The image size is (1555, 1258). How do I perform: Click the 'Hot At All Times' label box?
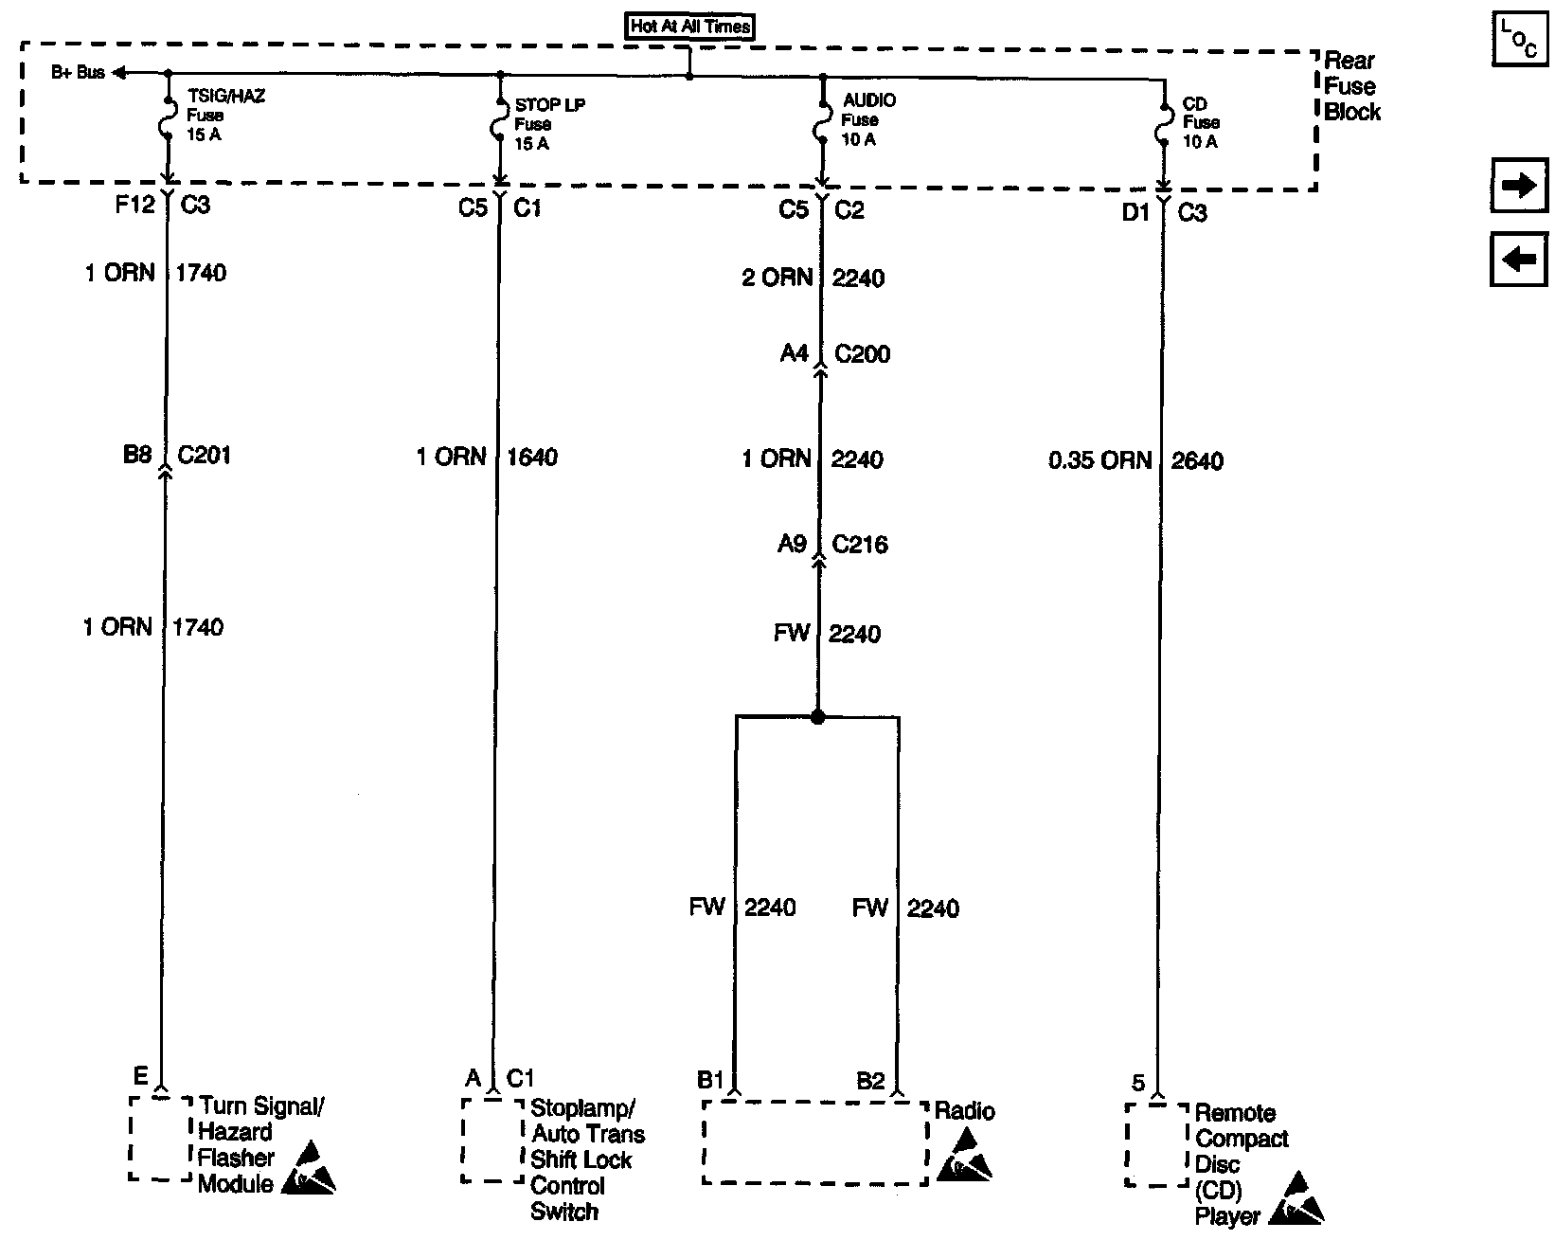[x=690, y=27]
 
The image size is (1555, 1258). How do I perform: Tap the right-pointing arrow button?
[x=1519, y=186]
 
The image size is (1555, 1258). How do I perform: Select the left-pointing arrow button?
[x=1519, y=259]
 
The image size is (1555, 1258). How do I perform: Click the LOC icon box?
[x=1519, y=40]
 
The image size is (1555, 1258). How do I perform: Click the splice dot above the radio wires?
[x=818, y=717]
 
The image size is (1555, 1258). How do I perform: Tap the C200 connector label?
[x=862, y=354]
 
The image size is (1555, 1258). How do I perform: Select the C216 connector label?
[x=860, y=545]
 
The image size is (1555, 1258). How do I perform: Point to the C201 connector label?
[x=204, y=456]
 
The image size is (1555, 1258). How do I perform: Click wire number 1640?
[x=532, y=458]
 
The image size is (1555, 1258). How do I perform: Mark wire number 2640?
[x=1197, y=461]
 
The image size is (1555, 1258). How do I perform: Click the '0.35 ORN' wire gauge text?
[x=1099, y=461]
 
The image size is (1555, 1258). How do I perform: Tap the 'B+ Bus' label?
[x=78, y=73]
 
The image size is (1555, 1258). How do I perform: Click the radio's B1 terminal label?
[x=710, y=1081]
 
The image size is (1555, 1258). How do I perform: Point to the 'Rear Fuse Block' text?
[x=1351, y=86]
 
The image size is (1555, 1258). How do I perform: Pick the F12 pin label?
[x=134, y=205]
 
